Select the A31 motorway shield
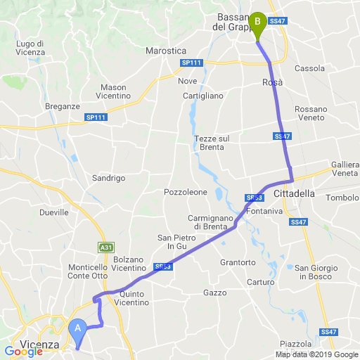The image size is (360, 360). pyautogui.click(x=105, y=247)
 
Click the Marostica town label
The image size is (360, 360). pyautogui.click(x=165, y=51)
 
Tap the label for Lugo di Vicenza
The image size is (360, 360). pyautogui.click(x=30, y=48)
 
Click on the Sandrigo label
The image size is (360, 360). pyautogui.click(x=108, y=179)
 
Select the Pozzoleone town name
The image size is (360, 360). pyautogui.click(x=185, y=192)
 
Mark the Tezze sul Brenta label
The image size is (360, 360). pyautogui.click(x=212, y=143)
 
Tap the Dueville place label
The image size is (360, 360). pyautogui.click(x=54, y=211)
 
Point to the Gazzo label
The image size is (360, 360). pyautogui.click(x=214, y=292)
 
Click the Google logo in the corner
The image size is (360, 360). pyautogui.click(x=23, y=351)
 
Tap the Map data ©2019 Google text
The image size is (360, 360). pyautogui.click(x=316, y=354)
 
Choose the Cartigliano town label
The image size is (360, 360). pyautogui.click(x=202, y=96)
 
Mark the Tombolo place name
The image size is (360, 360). pyautogui.click(x=342, y=198)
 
